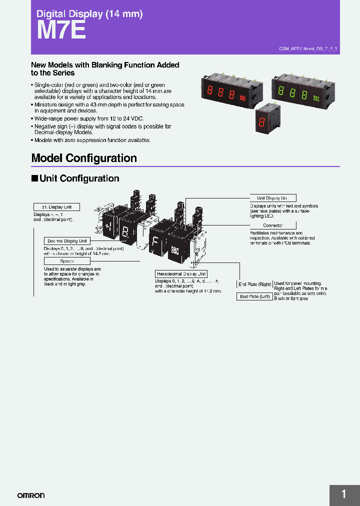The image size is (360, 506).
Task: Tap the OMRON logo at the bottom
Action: coord(31,495)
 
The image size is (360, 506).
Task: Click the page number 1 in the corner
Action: coord(343,494)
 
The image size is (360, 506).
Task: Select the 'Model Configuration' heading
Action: coord(84,158)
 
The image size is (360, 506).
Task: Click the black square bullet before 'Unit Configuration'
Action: coord(34,178)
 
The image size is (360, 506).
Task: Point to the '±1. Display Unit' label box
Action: coord(56,207)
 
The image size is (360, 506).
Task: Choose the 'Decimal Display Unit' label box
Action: coord(66,241)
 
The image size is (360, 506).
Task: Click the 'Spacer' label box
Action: coord(66,261)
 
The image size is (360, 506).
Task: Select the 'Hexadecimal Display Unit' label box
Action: coord(180,274)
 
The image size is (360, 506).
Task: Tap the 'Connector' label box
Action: coord(272,225)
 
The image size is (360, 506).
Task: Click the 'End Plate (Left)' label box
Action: coord(254,296)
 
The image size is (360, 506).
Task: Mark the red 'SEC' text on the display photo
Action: coord(243,98)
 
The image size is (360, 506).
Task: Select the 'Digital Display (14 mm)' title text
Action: coord(89,14)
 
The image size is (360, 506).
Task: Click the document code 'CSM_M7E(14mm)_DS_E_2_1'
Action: coord(308,48)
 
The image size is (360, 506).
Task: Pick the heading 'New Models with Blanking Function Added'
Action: coord(105,65)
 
